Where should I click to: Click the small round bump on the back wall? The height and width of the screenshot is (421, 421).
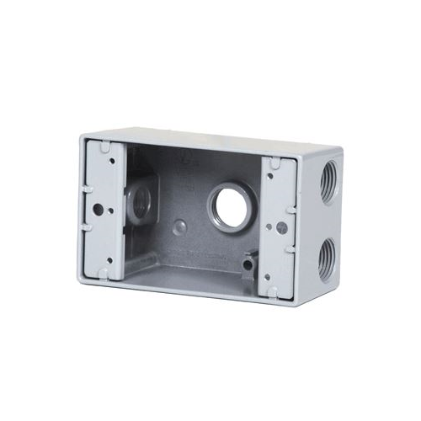tap(180, 226)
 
